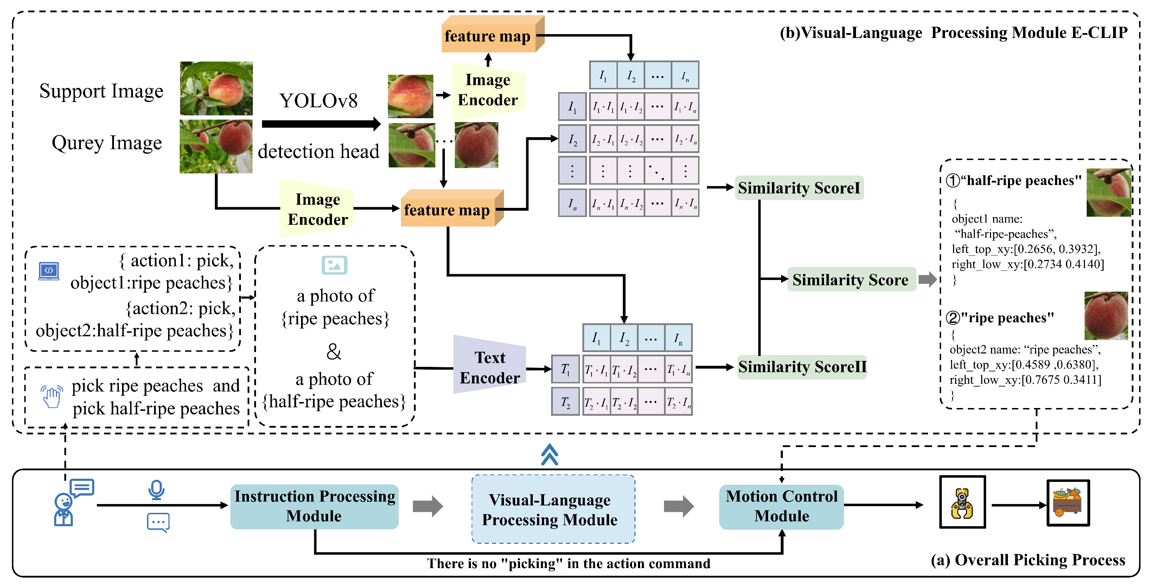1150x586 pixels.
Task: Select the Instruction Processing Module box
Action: [x=314, y=507]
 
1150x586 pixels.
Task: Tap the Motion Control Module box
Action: [x=781, y=507]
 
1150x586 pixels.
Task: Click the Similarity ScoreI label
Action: [x=799, y=187]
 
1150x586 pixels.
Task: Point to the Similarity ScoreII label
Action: [x=802, y=367]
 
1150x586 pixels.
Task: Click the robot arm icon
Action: [x=962, y=502]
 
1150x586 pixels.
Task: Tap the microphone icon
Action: [x=156, y=490]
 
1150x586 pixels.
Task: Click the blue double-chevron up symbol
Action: [x=550, y=454]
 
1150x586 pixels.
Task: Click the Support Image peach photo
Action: [x=216, y=88]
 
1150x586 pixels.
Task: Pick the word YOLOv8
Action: [x=318, y=101]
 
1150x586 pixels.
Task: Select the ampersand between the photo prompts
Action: [x=334, y=351]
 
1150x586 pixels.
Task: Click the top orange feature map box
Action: [x=493, y=34]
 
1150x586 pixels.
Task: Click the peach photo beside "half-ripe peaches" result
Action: [x=1109, y=192]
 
